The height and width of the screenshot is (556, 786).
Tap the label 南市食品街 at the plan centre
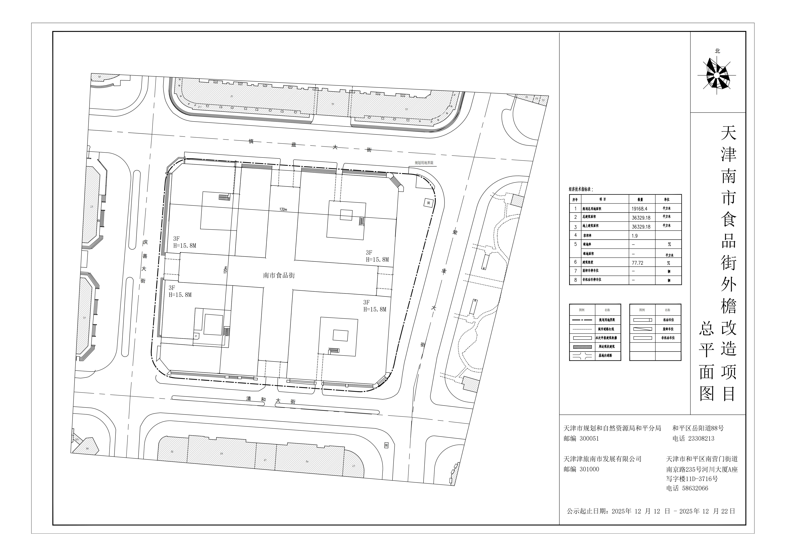[279, 275]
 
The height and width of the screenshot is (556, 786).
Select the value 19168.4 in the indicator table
[639, 208]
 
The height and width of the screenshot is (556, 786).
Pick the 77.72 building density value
[637, 263]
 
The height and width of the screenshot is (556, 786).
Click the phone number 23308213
[701, 438]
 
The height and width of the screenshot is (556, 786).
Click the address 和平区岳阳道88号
[698, 428]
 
